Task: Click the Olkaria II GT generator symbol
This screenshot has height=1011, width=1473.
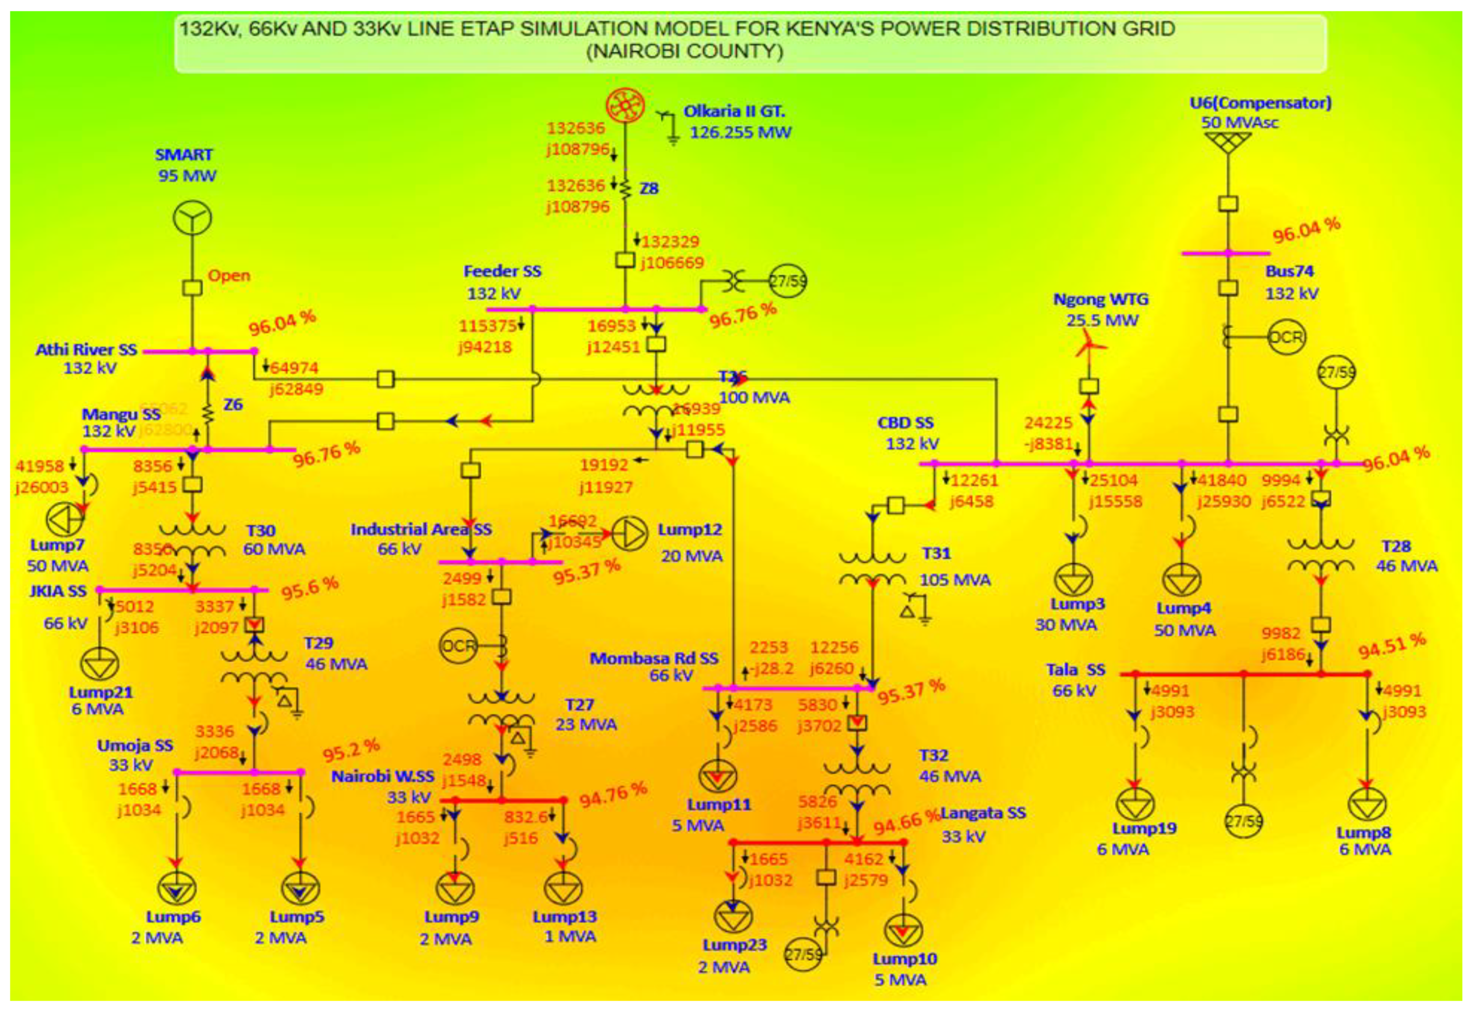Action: pos(625,106)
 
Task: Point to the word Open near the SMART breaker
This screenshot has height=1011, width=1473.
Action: pos(229,275)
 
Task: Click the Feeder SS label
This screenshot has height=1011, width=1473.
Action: pos(502,271)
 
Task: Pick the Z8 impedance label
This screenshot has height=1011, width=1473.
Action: pos(649,188)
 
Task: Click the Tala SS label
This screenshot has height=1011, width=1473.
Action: pos(1075,670)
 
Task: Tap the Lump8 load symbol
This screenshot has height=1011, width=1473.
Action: pos(1366,804)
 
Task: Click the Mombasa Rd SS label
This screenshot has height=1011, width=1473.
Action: pos(654,658)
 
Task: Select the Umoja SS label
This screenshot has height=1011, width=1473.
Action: pos(135,745)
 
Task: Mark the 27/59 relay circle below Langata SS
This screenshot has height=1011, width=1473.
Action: pos(803,954)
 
